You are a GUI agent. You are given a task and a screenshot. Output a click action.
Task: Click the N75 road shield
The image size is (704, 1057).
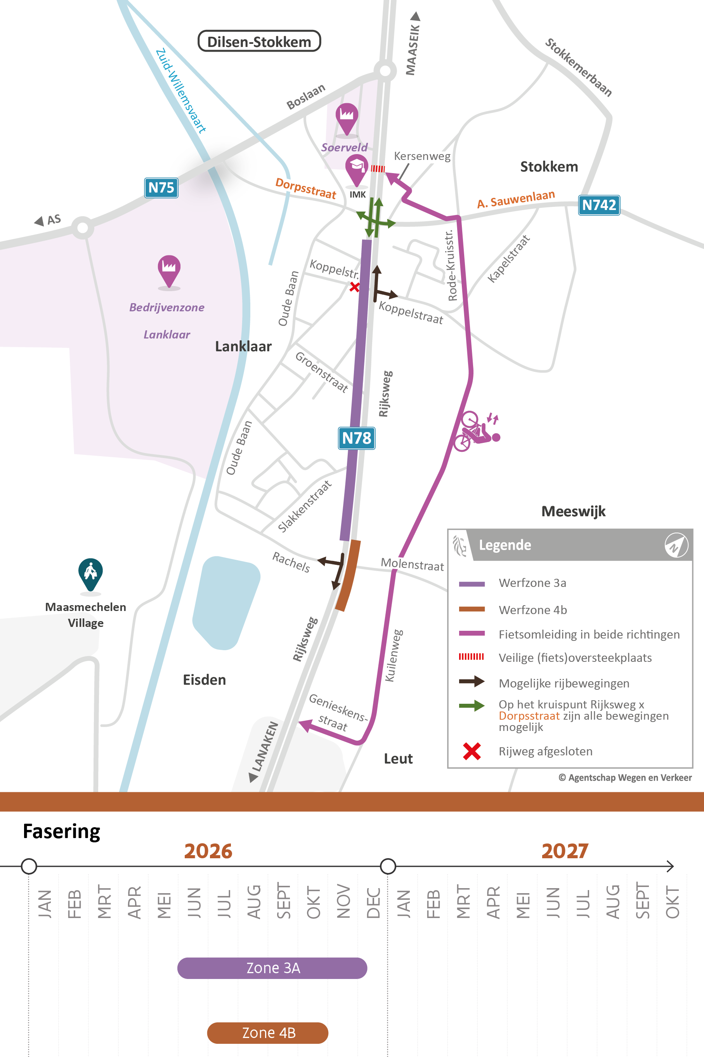(161, 188)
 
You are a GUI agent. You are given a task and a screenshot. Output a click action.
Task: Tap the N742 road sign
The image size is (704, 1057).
(598, 205)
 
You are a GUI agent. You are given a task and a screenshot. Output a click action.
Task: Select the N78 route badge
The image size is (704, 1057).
(357, 438)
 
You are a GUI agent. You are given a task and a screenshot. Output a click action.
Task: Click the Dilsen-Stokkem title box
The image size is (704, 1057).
(259, 41)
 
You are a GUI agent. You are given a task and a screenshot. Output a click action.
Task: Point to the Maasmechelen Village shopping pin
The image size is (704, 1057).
(90, 573)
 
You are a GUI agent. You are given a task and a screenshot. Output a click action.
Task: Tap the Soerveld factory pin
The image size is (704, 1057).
(347, 117)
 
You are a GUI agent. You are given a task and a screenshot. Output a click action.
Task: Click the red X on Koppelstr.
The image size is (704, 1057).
(354, 287)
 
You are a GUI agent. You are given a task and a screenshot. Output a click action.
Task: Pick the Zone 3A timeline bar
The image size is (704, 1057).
(272, 968)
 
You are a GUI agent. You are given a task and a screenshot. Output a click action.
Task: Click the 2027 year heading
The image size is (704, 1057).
(564, 851)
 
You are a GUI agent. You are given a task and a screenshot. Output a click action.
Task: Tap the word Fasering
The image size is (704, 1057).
(61, 831)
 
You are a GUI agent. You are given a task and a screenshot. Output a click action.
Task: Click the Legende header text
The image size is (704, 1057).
(505, 545)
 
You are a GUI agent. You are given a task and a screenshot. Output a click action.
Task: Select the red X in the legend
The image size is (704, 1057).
(472, 751)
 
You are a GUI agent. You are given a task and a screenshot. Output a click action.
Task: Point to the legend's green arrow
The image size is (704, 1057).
(472, 705)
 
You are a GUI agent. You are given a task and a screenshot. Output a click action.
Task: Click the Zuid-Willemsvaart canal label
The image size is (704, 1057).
(180, 91)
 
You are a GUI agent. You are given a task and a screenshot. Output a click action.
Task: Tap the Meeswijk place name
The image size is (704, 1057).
(573, 512)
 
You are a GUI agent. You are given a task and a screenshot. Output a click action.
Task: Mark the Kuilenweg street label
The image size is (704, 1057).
(394, 656)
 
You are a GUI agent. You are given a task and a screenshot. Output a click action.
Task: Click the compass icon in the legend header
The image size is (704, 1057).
(676, 545)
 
